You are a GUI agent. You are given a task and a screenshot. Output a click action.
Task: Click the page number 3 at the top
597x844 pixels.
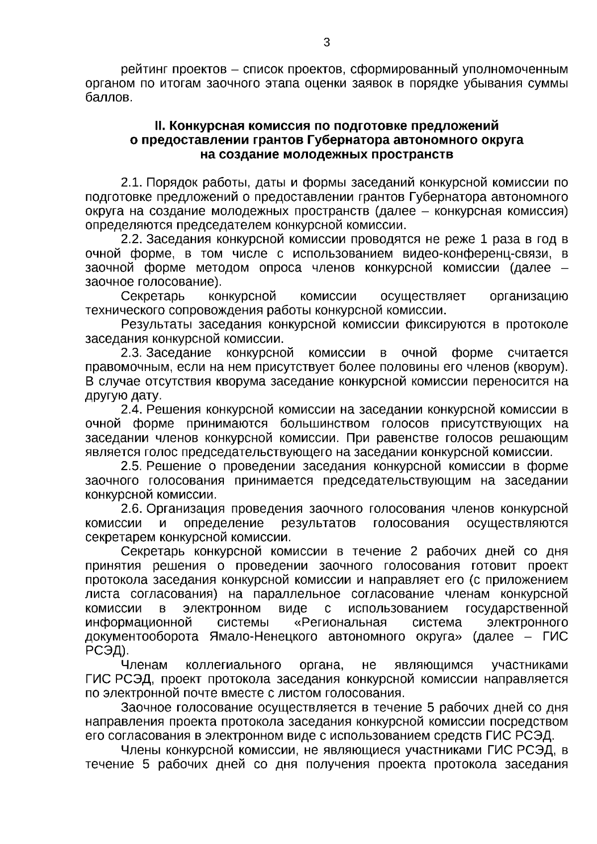coord(326,43)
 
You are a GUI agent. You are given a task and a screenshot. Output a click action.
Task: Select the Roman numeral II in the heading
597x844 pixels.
coord(160,126)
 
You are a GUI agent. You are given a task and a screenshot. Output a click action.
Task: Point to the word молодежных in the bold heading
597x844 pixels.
coord(326,154)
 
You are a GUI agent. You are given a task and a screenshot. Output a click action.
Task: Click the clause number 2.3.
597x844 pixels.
coord(131,353)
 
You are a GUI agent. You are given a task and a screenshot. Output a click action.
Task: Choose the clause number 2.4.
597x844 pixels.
coord(131,410)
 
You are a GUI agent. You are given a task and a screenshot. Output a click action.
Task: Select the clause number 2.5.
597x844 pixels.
coord(131,467)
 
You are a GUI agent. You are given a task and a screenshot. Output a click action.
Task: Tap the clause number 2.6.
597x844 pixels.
coord(131,509)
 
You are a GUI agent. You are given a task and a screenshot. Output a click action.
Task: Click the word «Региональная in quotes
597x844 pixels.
coord(337,623)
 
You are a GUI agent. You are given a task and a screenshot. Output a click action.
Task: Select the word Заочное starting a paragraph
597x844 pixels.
coord(144,708)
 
